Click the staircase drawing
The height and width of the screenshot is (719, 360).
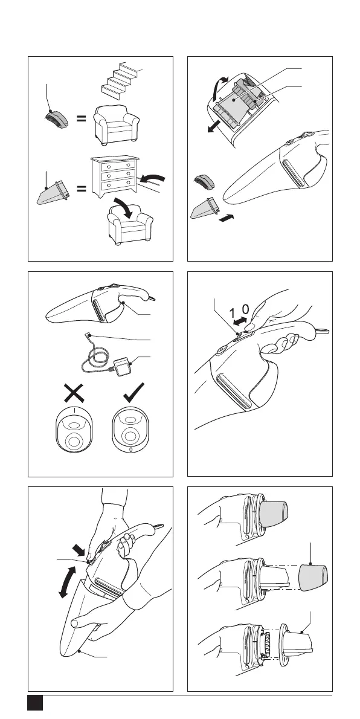click(x=121, y=82)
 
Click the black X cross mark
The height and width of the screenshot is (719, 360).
click(x=74, y=393)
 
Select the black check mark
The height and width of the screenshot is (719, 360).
click(x=134, y=393)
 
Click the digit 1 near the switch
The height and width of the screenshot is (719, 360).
click(x=232, y=313)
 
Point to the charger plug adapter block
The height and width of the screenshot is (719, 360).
click(x=123, y=367)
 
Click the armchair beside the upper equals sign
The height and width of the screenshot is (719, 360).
click(x=117, y=124)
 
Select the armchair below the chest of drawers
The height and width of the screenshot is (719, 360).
click(x=130, y=225)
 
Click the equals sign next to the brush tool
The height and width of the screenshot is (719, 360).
click(x=81, y=119)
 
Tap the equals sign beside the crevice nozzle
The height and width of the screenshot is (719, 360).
click(x=81, y=188)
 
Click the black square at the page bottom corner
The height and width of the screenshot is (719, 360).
click(x=35, y=703)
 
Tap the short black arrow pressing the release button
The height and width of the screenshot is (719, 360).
click(x=79, y=548)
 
